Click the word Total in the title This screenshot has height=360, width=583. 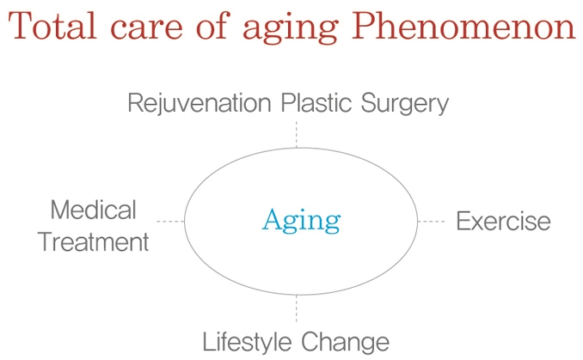coord(52,26)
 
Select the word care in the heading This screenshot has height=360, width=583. coord(146,28)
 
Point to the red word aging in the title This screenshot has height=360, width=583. coord(291,30)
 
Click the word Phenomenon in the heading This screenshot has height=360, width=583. coord(464,26)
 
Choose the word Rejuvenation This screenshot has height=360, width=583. coord(199,104)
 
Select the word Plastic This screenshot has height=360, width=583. coord(316,102)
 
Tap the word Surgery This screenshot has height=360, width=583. coord(405,104)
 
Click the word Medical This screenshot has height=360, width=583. coord(94,210)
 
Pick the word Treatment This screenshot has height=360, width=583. coord(94,241)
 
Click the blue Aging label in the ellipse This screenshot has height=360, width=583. coord(301,221)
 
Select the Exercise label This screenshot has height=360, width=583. coord(503,221)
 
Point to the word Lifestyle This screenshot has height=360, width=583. coord(248,342)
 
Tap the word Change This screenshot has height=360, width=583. coord(345,342)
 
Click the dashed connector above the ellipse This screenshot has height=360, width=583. coord(297,134)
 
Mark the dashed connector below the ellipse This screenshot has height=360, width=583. coord(297,308)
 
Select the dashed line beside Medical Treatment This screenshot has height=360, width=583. coord(170,222)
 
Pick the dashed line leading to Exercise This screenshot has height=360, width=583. coord(432,222)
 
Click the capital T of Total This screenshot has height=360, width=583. coord(21,26)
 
